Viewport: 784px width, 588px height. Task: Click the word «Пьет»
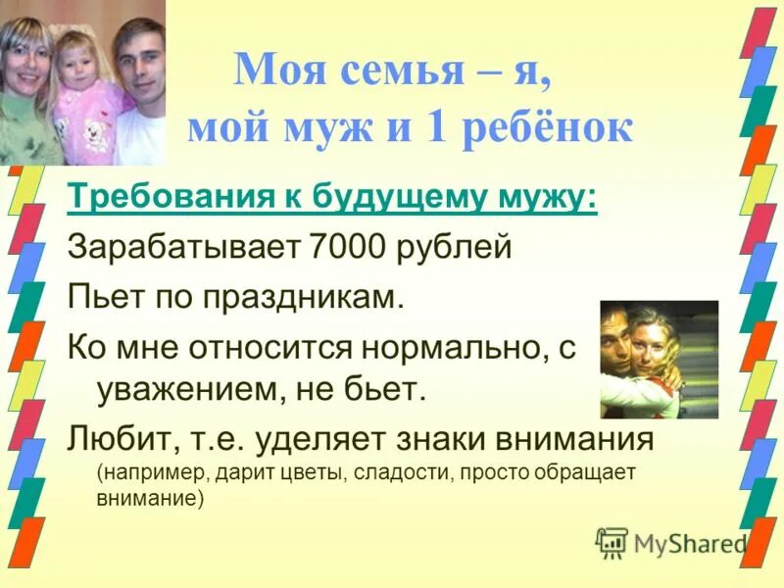pos(99,298)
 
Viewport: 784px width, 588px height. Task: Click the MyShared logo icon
pos(612,541)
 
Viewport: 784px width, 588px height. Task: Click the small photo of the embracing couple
pos(659,359)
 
